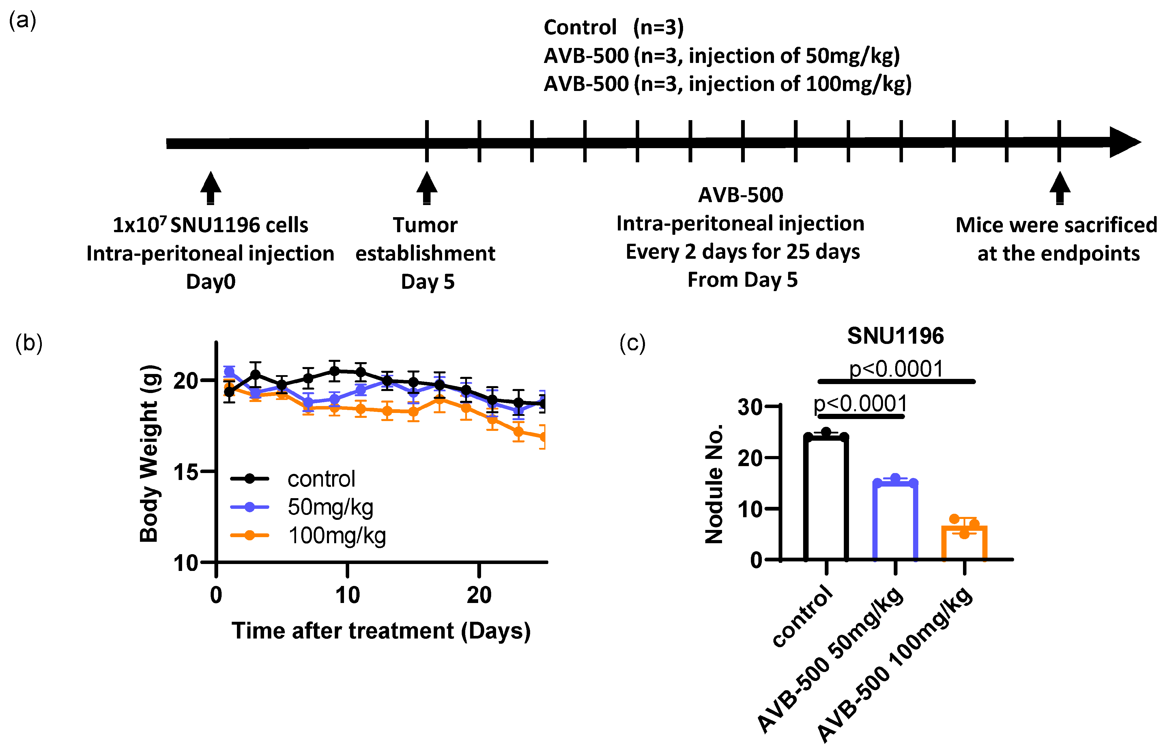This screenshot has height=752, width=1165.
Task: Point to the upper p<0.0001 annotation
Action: [x=896, y=369]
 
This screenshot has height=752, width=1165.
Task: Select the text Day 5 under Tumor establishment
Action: [x=427, y=282]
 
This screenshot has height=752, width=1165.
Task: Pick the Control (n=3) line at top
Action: [x=613, y=27]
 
